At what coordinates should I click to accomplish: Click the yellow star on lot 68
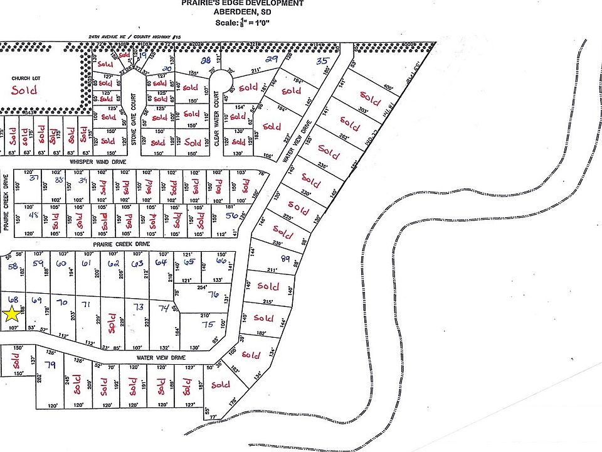pos(12,315)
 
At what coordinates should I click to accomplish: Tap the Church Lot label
pos(26,78)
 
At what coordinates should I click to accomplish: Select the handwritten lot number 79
pos(50,365)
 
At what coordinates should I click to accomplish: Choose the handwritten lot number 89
pos(286,259)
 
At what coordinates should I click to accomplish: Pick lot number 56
pos(231,215)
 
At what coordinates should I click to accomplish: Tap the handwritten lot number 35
pos(323,61)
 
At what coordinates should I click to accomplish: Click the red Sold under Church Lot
pos(24,90)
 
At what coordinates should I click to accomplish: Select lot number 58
pos(13,266)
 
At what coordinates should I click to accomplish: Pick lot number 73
pos(139,306)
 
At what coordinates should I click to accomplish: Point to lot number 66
pos(221,261)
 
